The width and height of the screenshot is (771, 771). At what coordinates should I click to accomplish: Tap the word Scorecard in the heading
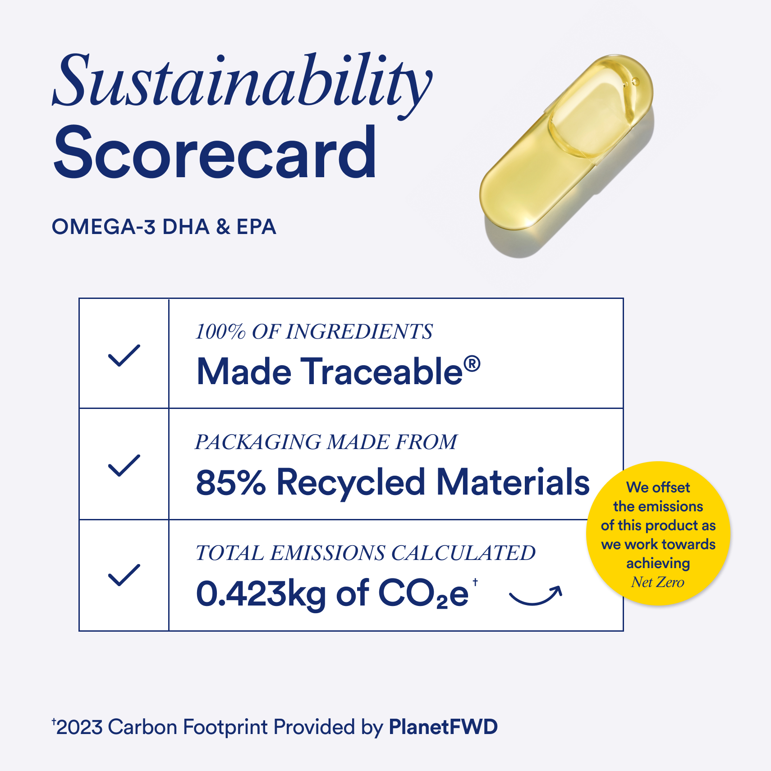[215, 153]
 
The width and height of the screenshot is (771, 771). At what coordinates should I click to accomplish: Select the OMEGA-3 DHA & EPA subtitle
[164, 227]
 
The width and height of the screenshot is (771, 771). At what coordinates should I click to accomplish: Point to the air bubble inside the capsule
[635, 82]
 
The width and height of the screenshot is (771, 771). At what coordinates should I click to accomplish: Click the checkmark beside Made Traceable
[124, 355]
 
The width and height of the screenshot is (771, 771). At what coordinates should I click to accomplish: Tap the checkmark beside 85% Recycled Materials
[124, 465]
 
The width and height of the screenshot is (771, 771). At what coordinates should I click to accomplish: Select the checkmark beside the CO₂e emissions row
[124, 575]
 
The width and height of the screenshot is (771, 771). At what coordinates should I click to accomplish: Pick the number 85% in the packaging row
[231, 482]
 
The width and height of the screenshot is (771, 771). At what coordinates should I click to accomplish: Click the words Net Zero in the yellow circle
[658, 582]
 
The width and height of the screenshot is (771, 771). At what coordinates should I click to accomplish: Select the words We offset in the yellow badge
[658, 487]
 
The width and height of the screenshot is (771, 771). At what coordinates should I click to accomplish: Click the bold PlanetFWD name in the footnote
[444, 727]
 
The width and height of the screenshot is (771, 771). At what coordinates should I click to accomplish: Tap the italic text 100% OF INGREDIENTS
[314, 332]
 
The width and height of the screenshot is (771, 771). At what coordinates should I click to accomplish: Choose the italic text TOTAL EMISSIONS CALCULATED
[366, 553]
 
